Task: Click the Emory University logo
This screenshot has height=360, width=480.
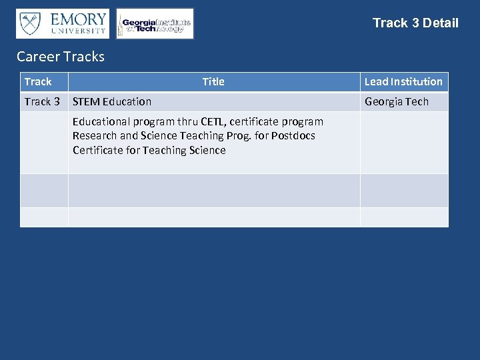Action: pos(63,23)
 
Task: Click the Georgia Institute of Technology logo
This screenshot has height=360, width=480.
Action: pos(155,24)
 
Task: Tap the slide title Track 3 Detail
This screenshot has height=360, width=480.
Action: pos(415,23)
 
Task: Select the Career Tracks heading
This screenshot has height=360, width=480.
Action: pos(61,57)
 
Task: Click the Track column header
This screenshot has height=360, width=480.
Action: pos(38,82)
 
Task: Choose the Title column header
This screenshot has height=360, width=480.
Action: pos(213,82)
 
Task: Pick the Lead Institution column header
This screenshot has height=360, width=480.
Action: pos(403,82)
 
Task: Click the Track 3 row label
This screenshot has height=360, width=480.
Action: pos(42,102)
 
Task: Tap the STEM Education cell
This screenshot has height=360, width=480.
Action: pos(112,102)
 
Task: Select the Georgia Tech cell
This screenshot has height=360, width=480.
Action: pos(397,102)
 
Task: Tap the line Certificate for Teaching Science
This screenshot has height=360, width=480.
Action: pos(149,151)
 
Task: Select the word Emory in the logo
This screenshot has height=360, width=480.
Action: pos(78,19)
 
